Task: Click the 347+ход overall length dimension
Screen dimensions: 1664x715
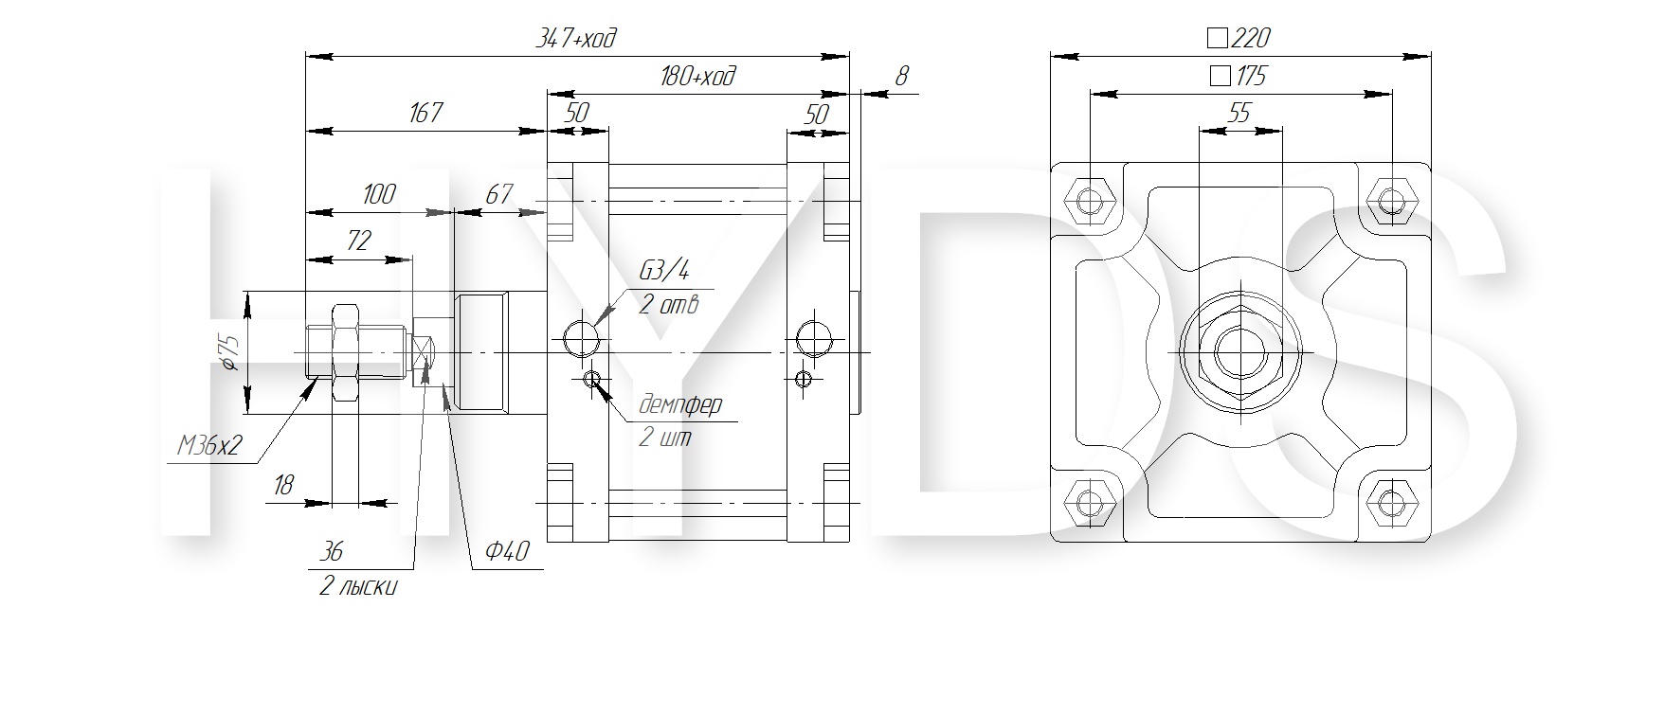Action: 576,38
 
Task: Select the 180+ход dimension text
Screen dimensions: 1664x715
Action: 697,76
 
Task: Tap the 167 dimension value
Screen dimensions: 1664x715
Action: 425,113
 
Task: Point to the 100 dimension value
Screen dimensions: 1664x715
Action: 379,194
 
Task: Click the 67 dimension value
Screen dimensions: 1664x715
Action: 498,194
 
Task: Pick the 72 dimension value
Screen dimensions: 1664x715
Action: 358,241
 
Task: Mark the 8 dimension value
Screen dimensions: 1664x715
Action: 901,76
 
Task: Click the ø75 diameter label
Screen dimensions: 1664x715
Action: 230,352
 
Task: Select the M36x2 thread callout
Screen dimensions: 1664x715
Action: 209,445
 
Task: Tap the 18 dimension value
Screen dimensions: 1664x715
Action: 283,486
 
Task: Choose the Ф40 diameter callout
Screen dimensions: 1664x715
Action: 507,551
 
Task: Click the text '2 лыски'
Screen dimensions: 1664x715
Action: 358,587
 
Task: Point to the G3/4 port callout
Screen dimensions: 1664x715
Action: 664,271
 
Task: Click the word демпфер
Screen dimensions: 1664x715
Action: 680,405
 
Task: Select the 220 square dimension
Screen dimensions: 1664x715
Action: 1239,38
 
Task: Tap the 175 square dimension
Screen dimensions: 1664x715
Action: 1239,76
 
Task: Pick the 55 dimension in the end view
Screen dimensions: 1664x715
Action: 1239,113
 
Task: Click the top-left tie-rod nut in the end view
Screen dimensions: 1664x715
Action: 1090,201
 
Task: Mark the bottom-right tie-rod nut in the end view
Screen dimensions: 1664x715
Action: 1391,502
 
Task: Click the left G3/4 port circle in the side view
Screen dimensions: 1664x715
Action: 581,337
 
